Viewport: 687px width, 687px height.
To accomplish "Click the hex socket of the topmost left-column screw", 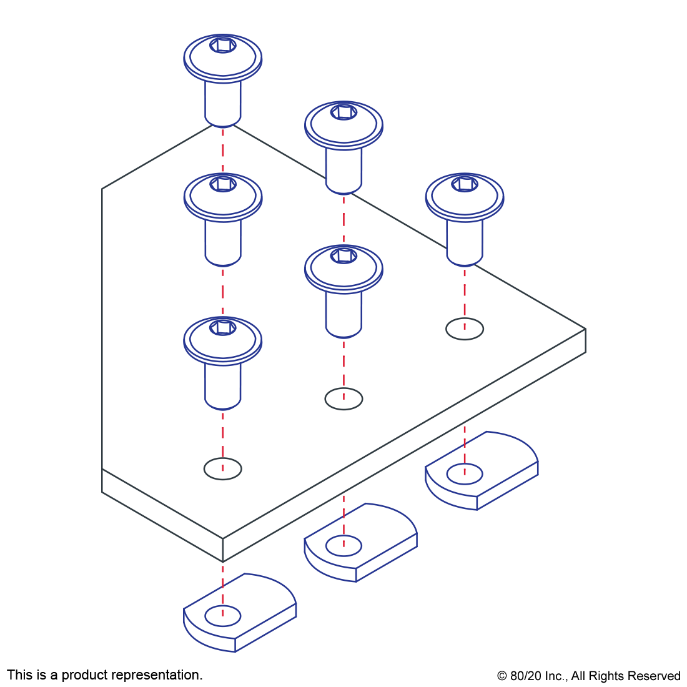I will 223,46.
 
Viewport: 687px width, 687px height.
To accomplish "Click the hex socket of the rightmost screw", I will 465,184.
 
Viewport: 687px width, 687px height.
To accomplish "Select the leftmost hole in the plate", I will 222,469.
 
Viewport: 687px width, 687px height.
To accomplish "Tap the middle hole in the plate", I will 343,399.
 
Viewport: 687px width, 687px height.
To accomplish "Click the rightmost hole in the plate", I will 465,329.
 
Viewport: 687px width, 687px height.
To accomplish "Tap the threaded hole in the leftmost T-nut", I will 223,616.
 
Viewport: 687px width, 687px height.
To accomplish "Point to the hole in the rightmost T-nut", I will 465,474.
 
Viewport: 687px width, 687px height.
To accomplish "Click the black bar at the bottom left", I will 104,676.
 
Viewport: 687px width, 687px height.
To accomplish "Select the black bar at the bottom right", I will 588,677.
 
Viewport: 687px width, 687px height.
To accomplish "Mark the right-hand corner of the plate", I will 585,329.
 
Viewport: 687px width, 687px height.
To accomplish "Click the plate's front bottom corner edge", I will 223,550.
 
